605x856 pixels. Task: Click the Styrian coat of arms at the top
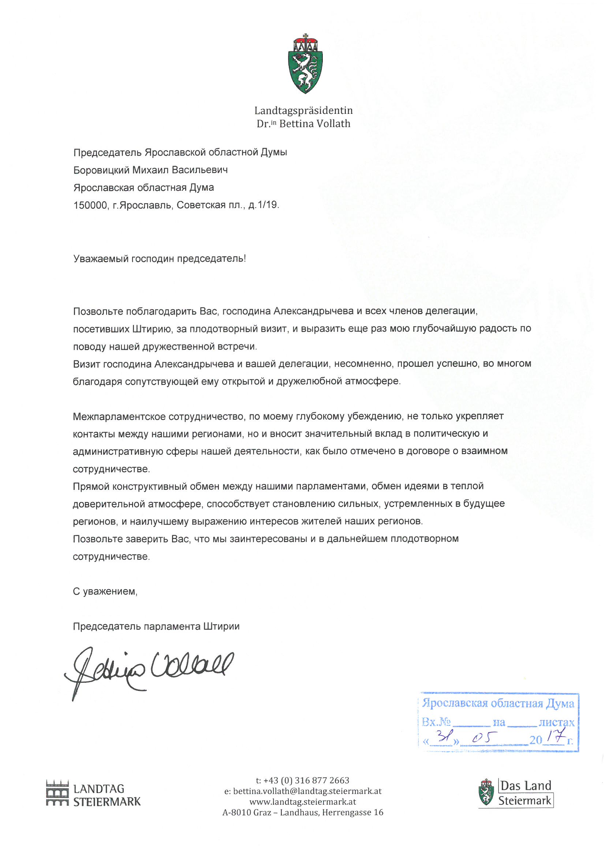(305, 64)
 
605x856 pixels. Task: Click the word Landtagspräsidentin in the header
(303, 110)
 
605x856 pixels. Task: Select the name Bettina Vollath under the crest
(315, 124)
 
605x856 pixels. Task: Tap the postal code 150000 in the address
(90, 205)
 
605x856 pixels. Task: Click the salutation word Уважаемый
(101, 259)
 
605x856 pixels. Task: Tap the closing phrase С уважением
(105, 591)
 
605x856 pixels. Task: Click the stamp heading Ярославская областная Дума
(498, 703)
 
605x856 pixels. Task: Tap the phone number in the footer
(306, 780)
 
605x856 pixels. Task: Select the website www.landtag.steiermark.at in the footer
(303, 801)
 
